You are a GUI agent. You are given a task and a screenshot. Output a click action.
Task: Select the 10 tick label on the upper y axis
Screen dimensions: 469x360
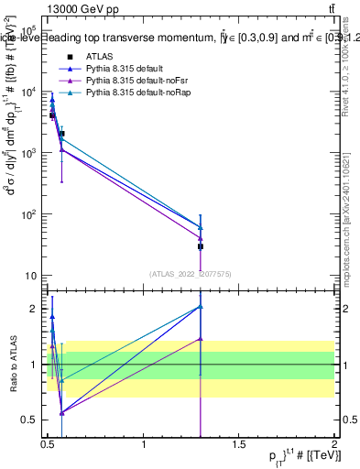tap(30, 276)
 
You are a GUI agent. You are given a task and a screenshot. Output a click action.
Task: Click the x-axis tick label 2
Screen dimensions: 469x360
tap(334, 444)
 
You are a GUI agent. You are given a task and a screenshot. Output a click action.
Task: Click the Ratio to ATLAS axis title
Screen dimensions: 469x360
tap(12, 364)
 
